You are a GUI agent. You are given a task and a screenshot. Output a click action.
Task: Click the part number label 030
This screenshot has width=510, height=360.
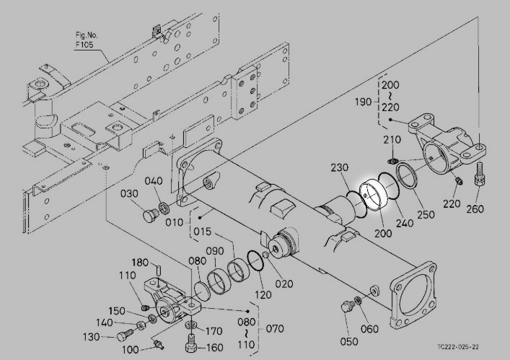coord(129,194)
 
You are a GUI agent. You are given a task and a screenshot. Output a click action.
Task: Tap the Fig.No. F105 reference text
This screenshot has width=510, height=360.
coord(86,40)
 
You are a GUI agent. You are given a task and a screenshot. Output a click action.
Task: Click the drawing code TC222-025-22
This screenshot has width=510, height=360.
coord(458,347)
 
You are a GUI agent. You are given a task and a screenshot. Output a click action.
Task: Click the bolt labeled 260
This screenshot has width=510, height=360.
coord(480,174)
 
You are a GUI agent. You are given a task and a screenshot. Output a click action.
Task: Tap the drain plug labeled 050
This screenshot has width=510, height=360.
coord(347,307)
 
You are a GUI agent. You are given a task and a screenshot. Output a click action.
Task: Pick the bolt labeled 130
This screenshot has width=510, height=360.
coord(124,334)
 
